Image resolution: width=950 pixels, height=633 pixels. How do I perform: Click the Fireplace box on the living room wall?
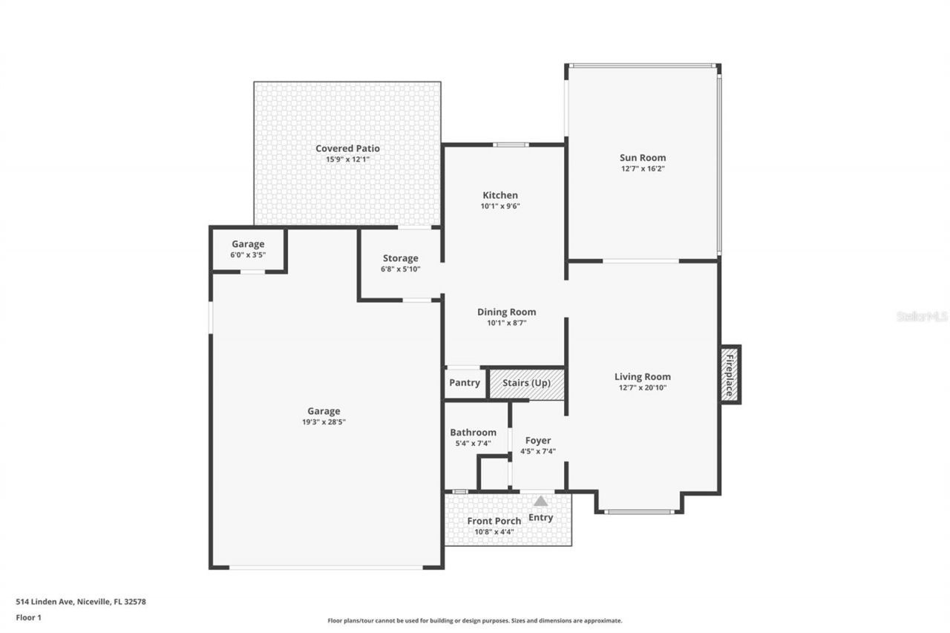tap(730, 375)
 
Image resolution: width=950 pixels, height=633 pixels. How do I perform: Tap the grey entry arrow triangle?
tap(540, 502)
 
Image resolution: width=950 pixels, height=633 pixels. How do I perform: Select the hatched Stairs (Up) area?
tap(526, 384)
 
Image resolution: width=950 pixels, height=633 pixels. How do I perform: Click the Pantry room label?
tap(465, 384)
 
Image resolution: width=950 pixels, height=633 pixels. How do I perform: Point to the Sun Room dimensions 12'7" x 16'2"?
tap(643, 168)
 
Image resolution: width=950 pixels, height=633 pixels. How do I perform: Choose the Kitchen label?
tap(499, 195)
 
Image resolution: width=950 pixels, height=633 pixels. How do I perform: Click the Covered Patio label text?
tap(347, 148)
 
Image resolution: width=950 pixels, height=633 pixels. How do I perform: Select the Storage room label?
tap(400, 258)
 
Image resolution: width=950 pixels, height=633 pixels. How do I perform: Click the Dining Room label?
tap(506, 312)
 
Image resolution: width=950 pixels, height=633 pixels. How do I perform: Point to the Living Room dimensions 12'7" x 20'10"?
tap(642, 387)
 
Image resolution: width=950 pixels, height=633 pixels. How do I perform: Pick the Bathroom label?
tap(473, 433)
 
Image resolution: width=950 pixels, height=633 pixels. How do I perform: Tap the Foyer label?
tap(538, 441)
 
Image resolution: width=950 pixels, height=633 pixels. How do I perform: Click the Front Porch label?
tap(494, 521)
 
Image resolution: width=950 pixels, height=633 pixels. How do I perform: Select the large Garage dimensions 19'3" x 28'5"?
tap(324, 422)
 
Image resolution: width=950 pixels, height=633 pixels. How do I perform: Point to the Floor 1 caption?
tap(29, 617)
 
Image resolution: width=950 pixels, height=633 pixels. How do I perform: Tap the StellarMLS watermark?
tap(922, 316)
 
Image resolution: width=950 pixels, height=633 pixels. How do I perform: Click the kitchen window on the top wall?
tap(511, 145)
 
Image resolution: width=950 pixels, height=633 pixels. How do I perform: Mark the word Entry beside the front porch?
tap(540, 517)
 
